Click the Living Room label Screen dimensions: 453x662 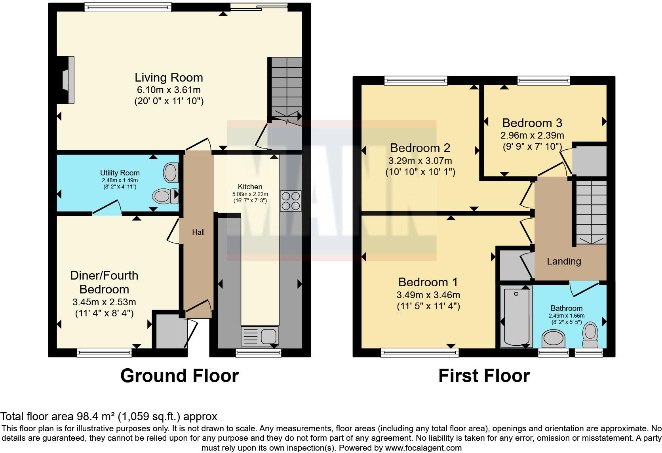tap(169, 77)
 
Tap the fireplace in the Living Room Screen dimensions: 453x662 tap(67, 80)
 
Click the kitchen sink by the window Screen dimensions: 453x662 tap(260, 336)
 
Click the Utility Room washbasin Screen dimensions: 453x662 tap(170, 173)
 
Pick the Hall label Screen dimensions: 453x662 tap(198, 232)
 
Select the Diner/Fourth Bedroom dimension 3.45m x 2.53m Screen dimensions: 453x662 tap(104, 302)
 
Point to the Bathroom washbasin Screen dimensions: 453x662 tap(554, 339)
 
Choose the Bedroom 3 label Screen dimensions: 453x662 tap(532, 123)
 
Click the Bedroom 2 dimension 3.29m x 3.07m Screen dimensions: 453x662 tap(420, 161)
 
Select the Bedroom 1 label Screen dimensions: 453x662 tap(428, 282)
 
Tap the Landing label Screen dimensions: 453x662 tap(563, 261)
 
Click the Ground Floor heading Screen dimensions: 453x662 tap(179, 375)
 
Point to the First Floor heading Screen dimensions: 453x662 tap(484, 375)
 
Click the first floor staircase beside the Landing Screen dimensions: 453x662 tap(591, 212)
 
